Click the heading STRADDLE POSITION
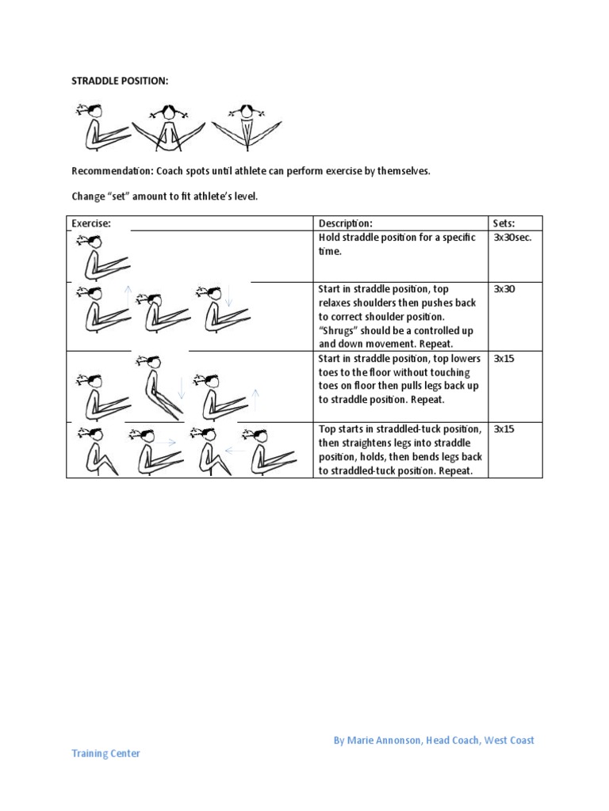[x=120, y=82]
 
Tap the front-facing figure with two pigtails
[x=167, y=127]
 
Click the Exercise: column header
[x=91, y=223]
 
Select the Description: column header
[x=346, y=223]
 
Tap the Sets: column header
[x=504, y=223]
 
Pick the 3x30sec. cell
[x=512, y=238]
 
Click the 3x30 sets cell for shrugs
[x=504, y=290]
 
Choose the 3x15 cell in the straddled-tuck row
[x=504, y=429]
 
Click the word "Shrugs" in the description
[x=339, y=331]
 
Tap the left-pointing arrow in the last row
[x=235, y=449]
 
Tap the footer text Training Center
[x=105, y=754]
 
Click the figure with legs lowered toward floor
[x=159, y=388]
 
